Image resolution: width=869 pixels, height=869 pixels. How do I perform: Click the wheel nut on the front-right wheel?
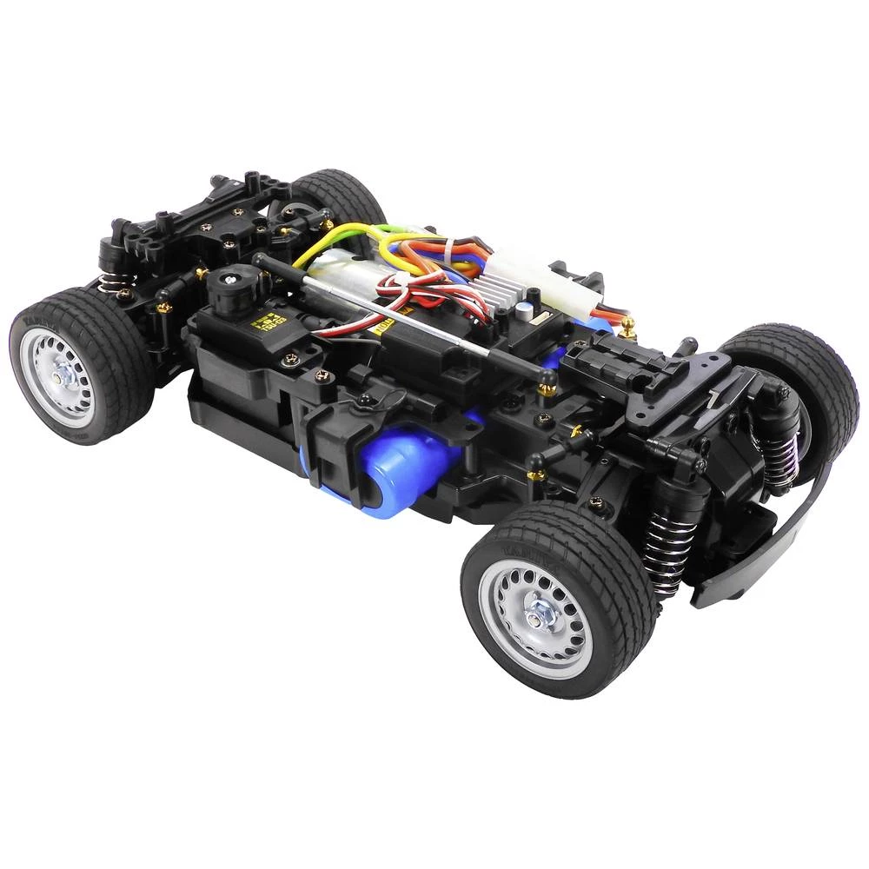click(536, 614)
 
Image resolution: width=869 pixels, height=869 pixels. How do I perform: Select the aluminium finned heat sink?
click(494, 286)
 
